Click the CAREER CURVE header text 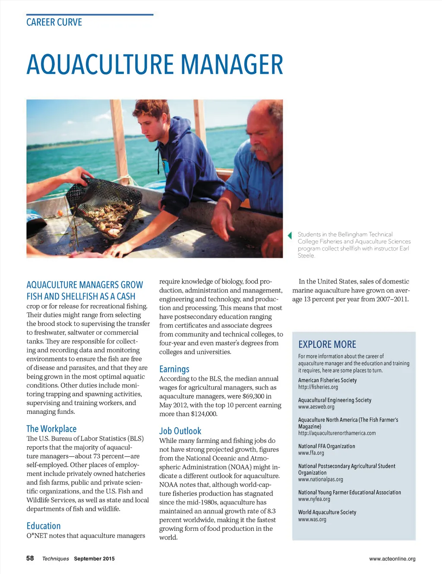[x=54, y=22]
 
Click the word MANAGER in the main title [x=232, y=65]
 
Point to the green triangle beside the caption [x=290, y=235]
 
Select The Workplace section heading [x=51, y=429]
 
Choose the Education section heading [x=44, y=526]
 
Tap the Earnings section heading [x=174, y=369]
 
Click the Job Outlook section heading [x=180, y=431]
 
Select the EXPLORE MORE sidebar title [x=327, y=344]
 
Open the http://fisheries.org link [x=318, y=387]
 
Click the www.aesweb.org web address [x=316, y=407]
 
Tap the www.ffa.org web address [x=311, y=453]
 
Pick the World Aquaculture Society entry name [x=327, y=512]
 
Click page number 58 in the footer [x=30, y=558]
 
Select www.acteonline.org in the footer [x=392, y=559]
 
